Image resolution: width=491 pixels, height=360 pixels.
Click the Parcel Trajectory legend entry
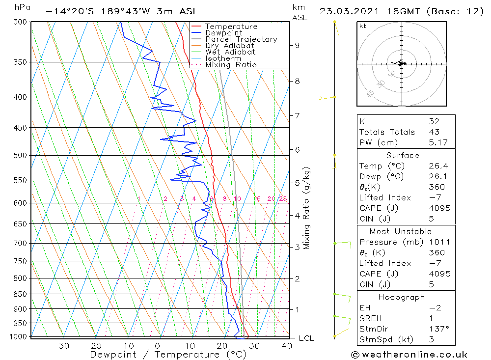241,39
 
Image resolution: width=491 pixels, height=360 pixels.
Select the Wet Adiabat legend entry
230,52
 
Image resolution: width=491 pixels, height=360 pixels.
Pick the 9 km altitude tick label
297,45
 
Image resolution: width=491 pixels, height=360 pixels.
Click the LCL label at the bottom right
306,338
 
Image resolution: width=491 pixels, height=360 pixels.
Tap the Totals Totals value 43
434,132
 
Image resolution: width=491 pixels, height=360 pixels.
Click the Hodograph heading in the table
402,297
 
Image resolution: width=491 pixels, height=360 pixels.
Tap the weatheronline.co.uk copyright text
409,355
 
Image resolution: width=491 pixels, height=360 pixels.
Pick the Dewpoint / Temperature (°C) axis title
161,355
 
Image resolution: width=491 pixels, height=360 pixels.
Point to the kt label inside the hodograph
363,26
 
